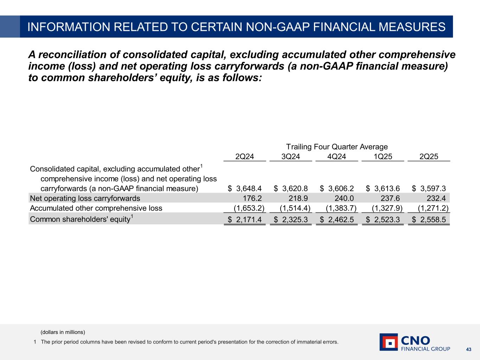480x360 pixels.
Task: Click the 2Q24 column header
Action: [244, 157]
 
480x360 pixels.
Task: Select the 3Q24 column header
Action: [291, 157]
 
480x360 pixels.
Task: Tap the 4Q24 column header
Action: [337, 157]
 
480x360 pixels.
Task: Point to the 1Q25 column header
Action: [383, 157]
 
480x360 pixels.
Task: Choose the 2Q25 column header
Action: [429, 157]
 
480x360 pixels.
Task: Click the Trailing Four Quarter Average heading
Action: [337, 147]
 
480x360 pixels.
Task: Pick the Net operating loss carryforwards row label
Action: [85, 198]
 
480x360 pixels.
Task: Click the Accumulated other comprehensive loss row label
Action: [96, 208]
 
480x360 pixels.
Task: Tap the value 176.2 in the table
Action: [252, 198]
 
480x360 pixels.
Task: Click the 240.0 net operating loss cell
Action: [344, 198]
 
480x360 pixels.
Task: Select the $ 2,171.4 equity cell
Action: [245, 220]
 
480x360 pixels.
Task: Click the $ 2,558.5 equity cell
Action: [429, 220]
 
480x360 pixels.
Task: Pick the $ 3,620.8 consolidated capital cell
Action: [291, 188]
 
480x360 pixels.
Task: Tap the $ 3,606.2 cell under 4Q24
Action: [337, 188]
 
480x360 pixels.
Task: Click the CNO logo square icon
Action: [389, 342]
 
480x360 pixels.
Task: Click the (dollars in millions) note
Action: [63, 332]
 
